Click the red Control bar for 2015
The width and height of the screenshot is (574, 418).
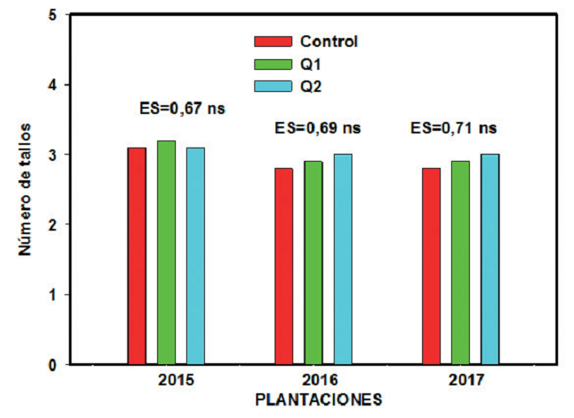(x=137, y=256)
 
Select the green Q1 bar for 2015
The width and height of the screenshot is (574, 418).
(x=166, y=253)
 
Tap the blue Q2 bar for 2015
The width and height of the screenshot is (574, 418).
(x=195, y=256)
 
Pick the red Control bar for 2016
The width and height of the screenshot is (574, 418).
(x=283, y=266)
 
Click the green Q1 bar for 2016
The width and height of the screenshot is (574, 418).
(x=313, y=262)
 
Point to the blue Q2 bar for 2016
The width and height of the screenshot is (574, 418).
(x=342, y=259)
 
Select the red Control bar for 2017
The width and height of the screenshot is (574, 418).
(x=431, y=266)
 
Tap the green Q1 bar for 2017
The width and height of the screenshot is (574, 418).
(x=460, y=262)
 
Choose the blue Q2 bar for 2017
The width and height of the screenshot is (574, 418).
(x=489, y=259)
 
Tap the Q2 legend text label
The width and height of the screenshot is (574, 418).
(x=311, y=86)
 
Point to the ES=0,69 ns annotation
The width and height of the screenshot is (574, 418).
(x=318, y=128)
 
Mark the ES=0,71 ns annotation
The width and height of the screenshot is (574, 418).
(x=454, y=128)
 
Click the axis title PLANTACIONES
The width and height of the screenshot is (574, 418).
(x=318, y=399)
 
